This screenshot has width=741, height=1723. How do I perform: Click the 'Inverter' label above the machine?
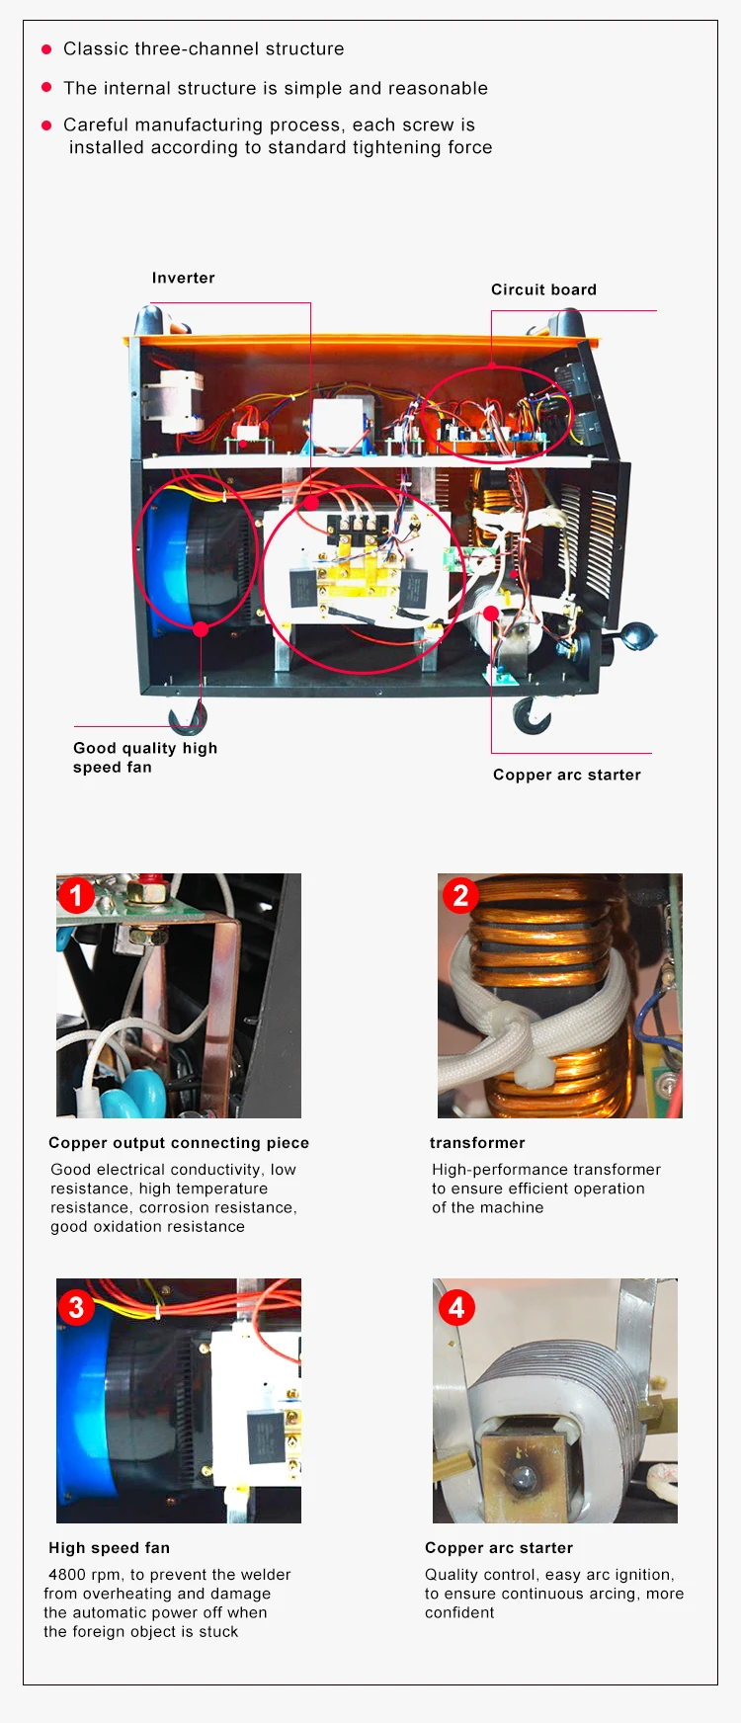pyautogui.click(x=183, y=278)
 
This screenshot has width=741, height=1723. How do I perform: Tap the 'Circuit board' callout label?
pyautogui.click(x=543, y=289)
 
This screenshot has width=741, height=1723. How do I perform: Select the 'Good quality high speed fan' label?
pyautogui.click(x=145, y=758)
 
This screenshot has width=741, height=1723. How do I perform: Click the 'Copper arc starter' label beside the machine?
pyautogui.click(x=567, y=775)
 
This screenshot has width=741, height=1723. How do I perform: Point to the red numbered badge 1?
pyautogui.click(x=76, y=896)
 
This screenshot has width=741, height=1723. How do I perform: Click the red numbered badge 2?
pyautogui.click(x=460, y=895)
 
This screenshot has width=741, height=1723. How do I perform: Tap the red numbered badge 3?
pyautogui.click(x=76, y=1307)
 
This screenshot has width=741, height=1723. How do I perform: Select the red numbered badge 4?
pyautogui.click(x=456, y=1307)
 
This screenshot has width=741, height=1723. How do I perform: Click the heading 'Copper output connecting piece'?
pyautogui.click(x=179, y=1143)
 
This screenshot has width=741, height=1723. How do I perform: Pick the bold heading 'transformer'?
pyautogui.click(x=477, y=1143)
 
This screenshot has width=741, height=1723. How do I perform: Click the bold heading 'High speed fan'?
pyautogui.click(x=109, y=1548)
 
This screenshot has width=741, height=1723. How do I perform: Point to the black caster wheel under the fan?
pyautogui.click(x=188, y=718)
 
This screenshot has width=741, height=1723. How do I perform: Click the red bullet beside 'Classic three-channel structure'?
pyautogui.click(x=46, y=49)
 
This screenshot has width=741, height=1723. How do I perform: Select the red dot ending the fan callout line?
pyautogui.click(x=201, y=629)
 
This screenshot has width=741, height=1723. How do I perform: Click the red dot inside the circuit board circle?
pyautogui.click(x=492, y=367)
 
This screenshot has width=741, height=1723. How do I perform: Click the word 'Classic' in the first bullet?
pyautogui.click(x=95, y=48)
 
